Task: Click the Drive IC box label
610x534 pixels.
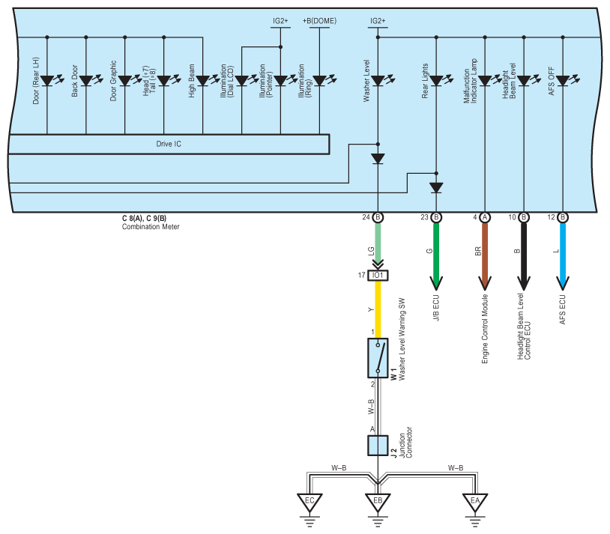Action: coord(169,144)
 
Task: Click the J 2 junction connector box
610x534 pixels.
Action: coord(378,446)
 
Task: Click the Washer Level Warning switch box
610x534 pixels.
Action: coord(378,358)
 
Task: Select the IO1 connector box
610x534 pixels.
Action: coord(378,276)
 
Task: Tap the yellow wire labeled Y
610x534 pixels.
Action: coord(378,309)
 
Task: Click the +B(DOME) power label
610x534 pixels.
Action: coord(319,21)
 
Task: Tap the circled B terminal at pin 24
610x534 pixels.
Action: coord(378,217)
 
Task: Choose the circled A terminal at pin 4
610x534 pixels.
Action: coord(485,217)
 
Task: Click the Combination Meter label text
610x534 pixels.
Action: coord(151,227)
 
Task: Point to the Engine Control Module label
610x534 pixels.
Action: coord(485,329)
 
